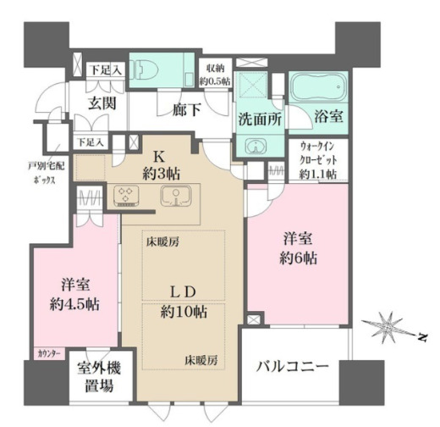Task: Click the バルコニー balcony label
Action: click(294, 368)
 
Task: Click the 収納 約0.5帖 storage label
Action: click(214, 75)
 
